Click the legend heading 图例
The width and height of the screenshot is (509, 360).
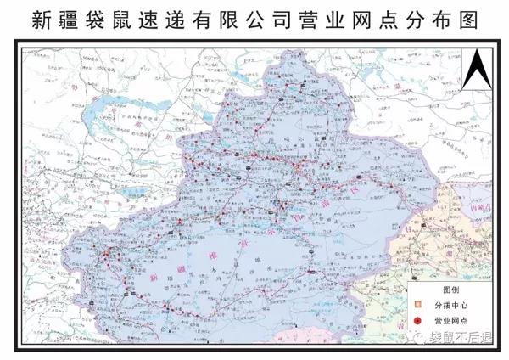pyautogui.click(x=442, y=289)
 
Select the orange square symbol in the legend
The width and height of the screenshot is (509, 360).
pyautogui.click(x=417, y=305)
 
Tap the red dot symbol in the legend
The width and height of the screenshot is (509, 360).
pyautogui.click(x=417, y=321)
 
